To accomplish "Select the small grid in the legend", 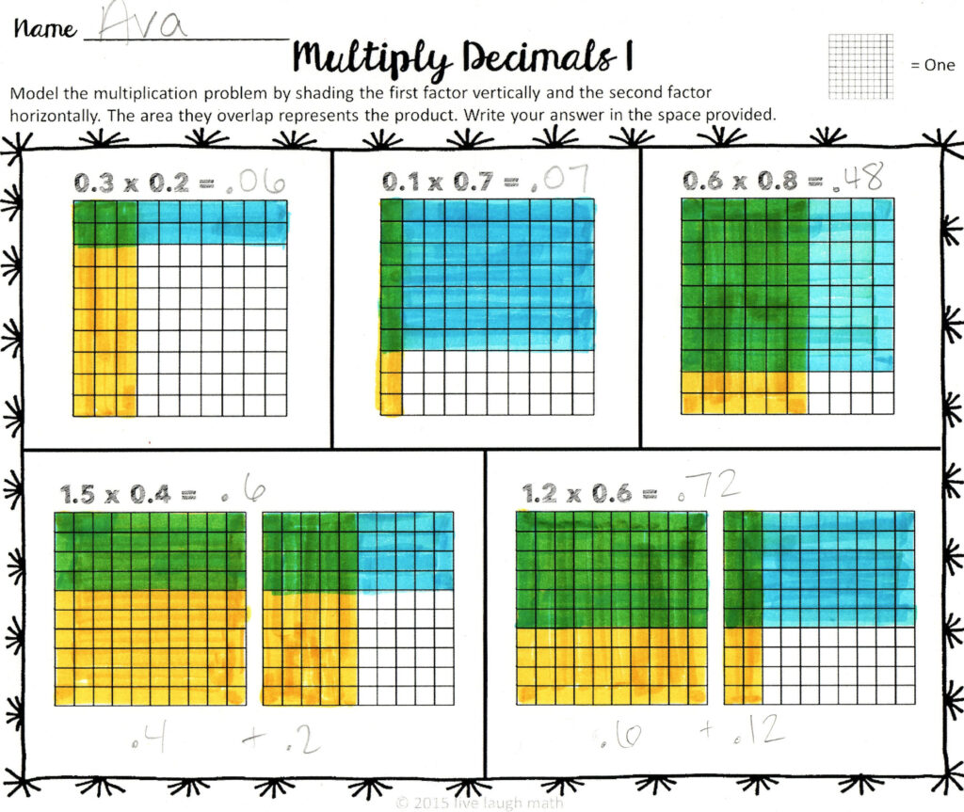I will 860,66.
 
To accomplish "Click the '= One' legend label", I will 932,66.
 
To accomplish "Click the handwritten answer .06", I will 255,181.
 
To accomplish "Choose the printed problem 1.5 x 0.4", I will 126,493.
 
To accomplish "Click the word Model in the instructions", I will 31,94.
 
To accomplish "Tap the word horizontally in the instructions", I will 54,116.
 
